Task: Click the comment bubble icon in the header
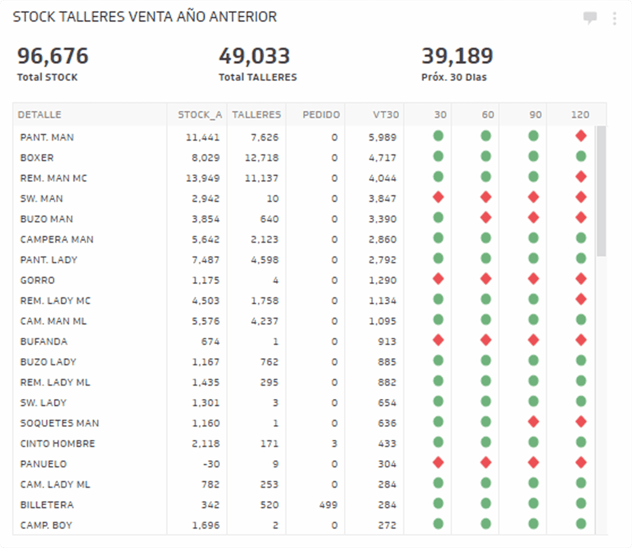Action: click(590, 18)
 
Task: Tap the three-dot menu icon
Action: click(614, 18)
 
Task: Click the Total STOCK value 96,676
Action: click(53, 56)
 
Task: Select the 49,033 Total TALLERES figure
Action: click(254, 56)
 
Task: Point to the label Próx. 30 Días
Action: click(454, 77)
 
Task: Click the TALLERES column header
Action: click(256, 115)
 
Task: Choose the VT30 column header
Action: click(386, 115)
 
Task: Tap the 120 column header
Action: click(580, 115)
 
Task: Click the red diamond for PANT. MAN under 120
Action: click(581, 136)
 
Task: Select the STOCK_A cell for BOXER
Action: click(205, 158)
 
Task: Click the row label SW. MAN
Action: click(42, 198)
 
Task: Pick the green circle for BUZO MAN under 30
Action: click(438, 218)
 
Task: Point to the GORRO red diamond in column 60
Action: click(486, 279)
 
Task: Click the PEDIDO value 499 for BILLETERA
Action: click(328, 505)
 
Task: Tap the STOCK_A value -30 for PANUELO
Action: click(210, 464)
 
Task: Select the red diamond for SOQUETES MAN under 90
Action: click(533, 422)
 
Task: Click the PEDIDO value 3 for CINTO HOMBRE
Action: click(334, 443)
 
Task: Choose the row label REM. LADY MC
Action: click(55, 300)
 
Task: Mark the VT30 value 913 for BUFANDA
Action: click(387, 341)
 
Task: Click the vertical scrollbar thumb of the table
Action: click(601, 191)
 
